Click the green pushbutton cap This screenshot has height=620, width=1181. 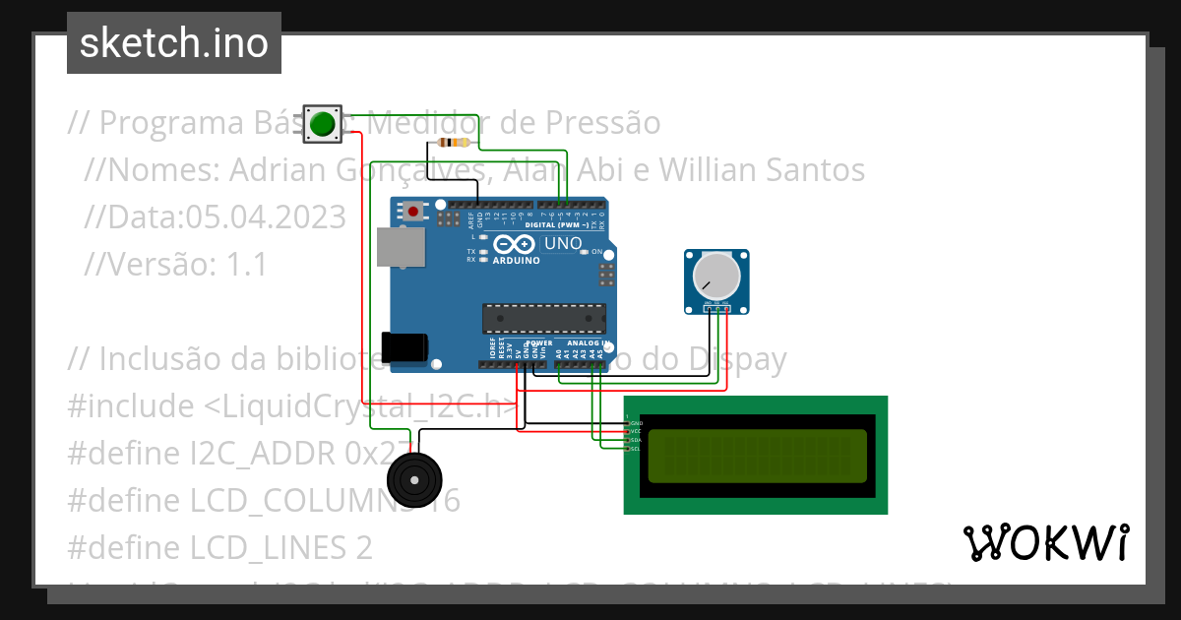tap(322, 124)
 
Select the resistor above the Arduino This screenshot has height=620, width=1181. tap(452, 143)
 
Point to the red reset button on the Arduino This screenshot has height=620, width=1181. tap(413, 211)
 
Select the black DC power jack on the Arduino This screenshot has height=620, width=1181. tap(404, 347)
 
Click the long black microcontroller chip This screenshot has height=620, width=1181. tap(543, 319)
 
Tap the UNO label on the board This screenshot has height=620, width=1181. tap(563, 243)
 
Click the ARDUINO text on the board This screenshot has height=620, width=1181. tap(517, 261)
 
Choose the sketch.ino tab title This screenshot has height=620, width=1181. tap(174, 43)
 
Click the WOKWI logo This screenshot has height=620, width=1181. tap(1045, 542)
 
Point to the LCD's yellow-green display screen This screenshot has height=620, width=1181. tap(756, 456)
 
